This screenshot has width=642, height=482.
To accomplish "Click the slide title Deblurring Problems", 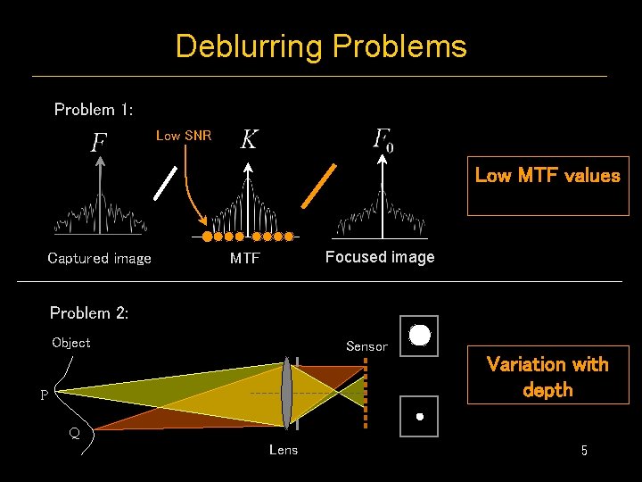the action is tap(321, 46).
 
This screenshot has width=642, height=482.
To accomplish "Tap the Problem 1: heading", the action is tap(94, 110).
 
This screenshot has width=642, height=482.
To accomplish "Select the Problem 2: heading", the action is tap(89, 313).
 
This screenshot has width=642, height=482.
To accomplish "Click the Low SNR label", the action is tap(184, 136).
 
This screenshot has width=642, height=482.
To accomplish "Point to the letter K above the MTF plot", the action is tap(250, 139).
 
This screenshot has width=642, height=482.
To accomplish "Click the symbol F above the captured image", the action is tap(99, 143).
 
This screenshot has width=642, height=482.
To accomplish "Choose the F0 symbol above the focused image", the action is tap(383, 139).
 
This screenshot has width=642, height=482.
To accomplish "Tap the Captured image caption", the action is tap(99, 259).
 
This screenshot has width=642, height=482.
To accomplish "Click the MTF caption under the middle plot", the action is tap(245, 259).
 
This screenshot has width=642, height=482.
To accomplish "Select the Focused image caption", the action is tap(380, 257).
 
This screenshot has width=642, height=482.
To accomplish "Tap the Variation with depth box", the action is tap(547, 376).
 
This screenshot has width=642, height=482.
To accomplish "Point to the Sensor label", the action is tap(366, 346).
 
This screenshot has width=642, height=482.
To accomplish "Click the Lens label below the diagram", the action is tap(284, 450).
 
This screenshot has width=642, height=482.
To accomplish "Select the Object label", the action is tap(71, 343).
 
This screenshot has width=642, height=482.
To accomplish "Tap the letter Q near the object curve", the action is tap(75, 435).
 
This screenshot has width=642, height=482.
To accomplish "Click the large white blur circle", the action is tap(420, 336).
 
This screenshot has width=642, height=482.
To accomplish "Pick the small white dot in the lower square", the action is tap(419, 416).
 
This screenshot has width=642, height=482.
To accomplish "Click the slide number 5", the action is tap(584, 451).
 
